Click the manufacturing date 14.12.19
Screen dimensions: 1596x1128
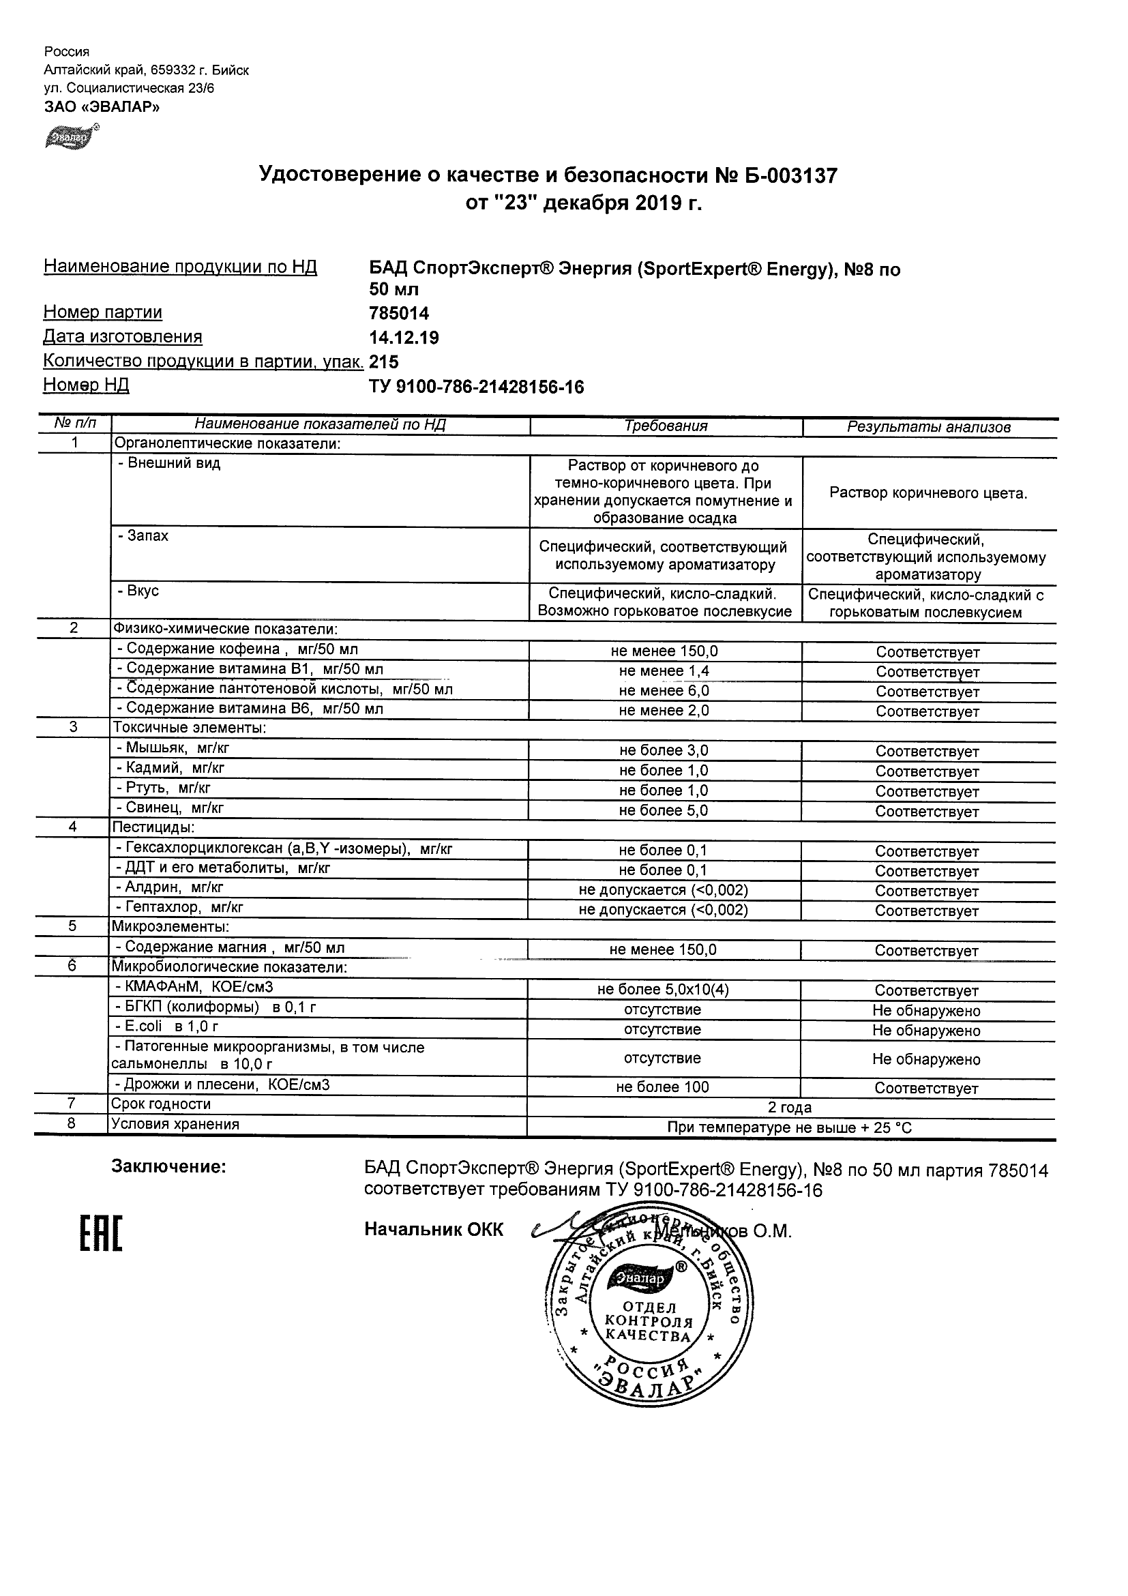404,338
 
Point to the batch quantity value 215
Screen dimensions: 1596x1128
385,362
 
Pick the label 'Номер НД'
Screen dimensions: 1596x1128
86,385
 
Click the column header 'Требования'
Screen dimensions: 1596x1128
665,426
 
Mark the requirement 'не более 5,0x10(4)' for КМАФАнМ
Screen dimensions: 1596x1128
663,990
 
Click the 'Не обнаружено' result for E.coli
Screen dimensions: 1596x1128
925,1030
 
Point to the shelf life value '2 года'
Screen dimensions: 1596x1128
790,1108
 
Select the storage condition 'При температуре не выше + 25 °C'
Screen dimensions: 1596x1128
790,1127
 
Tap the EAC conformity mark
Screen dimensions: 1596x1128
101,1234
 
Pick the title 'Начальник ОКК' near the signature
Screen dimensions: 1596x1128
434,1230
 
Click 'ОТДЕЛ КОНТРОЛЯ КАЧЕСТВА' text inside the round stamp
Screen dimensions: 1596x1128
649,1321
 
